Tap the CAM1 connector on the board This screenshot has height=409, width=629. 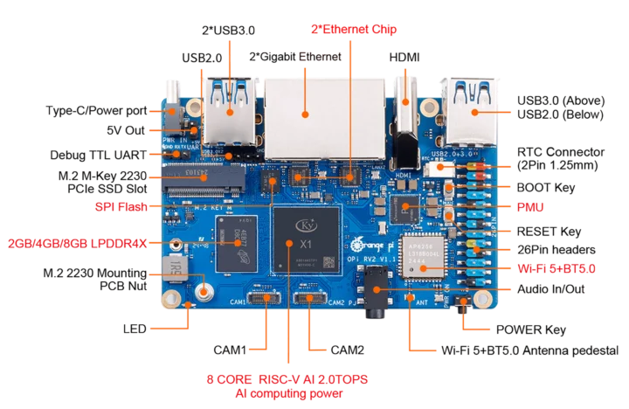pyautogui.click(x=262, y=298)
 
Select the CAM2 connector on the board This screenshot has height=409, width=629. pyautogui.click(x=309, y=298)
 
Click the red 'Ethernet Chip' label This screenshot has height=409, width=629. pyautogui.click(x=353, y=29)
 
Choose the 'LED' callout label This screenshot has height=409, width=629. pyautogui.click(x=135, y=329)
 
